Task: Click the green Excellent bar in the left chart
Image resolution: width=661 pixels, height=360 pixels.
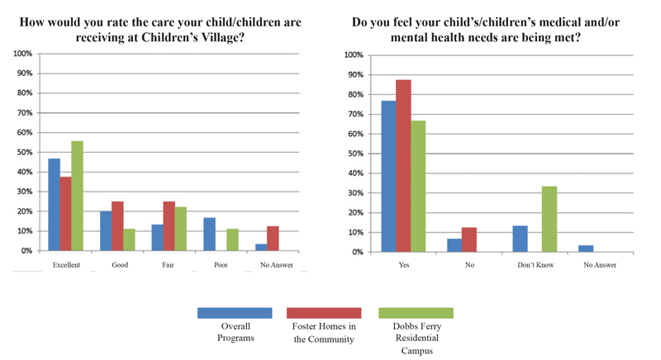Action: pyautogui.click(x=77, y=196)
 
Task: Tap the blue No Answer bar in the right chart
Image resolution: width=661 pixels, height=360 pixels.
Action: pyautogui.click(x=586, y=249)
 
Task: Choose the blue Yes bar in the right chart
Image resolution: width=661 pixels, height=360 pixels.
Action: pyautogui.click(x=388, y=176)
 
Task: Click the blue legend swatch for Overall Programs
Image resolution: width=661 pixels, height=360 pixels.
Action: pyautogui.click(x=234, y=313)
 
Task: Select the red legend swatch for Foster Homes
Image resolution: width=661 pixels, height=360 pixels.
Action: pyautogui.click(x=325, y=313)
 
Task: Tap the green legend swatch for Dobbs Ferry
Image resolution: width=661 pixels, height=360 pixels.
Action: pyautogui.click(x=415, y=313)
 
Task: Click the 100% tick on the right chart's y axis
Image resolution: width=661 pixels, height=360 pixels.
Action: pyautogui.click(x=352, y=55)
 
